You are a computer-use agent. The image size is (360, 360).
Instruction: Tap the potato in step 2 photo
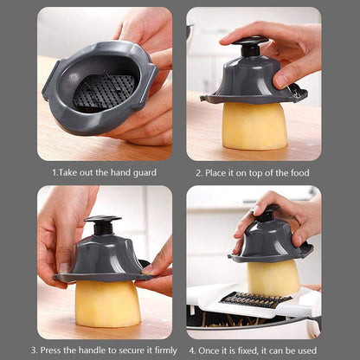click(x=254, y=125)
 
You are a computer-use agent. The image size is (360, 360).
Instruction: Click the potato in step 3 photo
click(x=106, y=303)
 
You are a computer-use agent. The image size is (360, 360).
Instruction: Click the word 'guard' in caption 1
click(x=144, y=172)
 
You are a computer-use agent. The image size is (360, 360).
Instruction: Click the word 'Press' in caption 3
click(x=55, y=350)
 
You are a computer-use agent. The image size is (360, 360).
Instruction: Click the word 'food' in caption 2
click(x=299, y=172)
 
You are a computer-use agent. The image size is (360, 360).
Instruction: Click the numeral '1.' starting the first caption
click(x=55, y=172)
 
